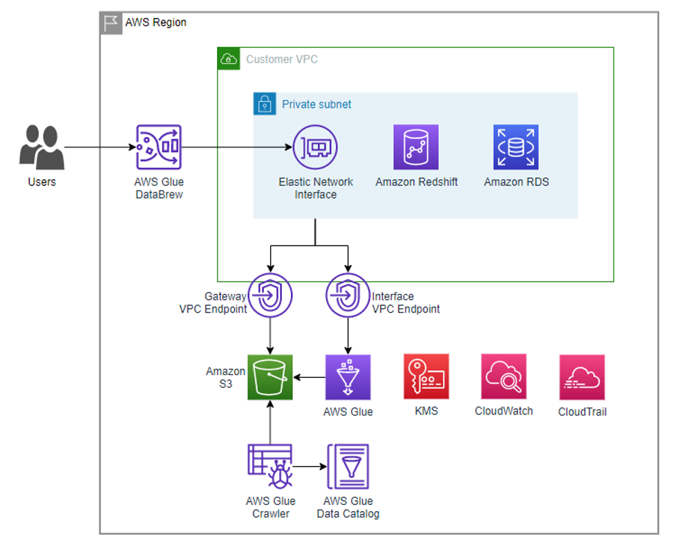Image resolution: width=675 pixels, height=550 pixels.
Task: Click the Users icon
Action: coord(42,147)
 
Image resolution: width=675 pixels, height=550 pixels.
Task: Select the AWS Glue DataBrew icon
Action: coord(158,147)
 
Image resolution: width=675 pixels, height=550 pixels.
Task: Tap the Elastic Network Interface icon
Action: coord(315,147)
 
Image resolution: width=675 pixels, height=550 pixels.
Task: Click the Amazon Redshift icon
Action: coord(416,147)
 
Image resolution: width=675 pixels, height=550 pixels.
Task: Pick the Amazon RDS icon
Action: coord(515,147)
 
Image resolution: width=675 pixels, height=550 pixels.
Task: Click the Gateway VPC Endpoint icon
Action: coord(270,295)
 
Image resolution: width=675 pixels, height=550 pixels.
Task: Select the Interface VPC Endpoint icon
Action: coord(348,295)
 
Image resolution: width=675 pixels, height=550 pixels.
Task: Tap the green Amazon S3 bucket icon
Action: coord(270,378)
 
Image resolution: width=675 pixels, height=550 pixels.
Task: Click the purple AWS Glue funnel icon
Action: coord(348,378)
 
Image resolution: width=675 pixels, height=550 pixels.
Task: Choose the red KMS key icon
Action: coord(426,377)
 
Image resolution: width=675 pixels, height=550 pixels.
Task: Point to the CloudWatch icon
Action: coord(504,377)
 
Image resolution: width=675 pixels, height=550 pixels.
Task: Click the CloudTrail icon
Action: coord(582,378)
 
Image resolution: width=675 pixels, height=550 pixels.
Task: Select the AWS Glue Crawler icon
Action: coord(270,467)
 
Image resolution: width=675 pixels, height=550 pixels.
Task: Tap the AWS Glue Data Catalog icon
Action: coord(348,467)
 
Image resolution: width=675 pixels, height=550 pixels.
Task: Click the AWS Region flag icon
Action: coord(111,23)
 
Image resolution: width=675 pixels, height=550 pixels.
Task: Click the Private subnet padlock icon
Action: coord(264,104)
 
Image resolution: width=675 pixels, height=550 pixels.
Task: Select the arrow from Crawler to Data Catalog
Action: coord(310,467)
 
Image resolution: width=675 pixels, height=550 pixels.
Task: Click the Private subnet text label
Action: coord(316,104)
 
